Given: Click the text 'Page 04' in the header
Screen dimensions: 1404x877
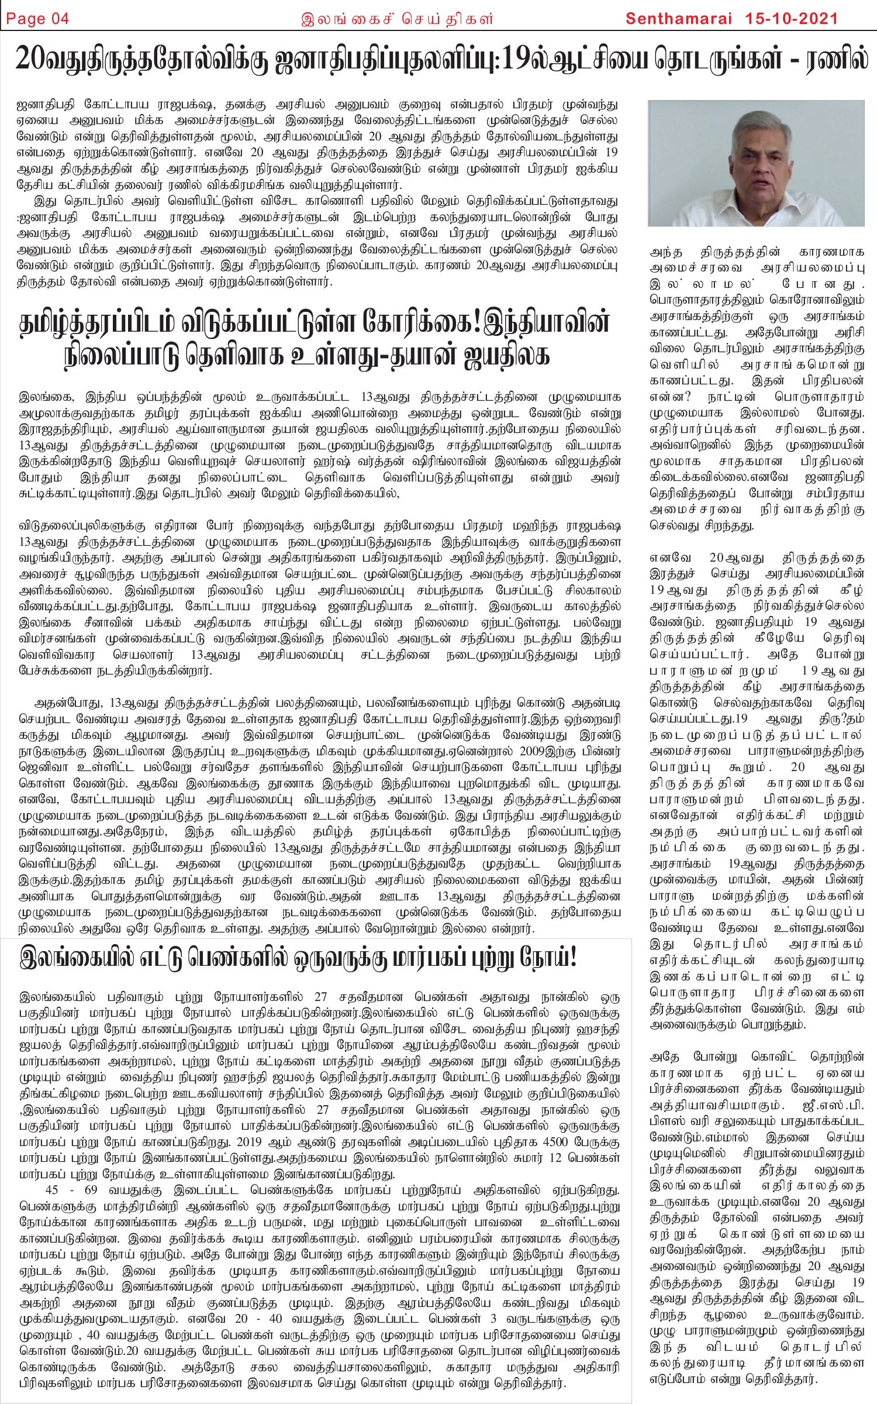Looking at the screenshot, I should pos(38,19).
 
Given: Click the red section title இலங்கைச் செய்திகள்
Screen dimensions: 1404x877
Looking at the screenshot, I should pos(397,19).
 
